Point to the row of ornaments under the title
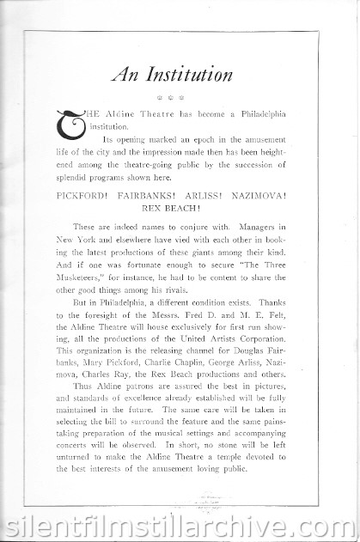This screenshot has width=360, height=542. click(180, 98)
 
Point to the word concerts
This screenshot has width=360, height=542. click(79, 446)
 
